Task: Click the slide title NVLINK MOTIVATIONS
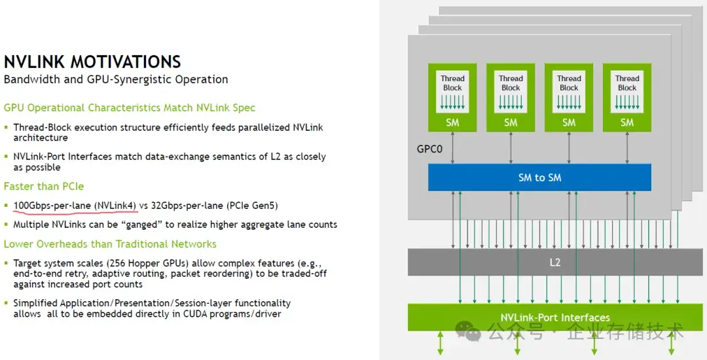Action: pos(92,62)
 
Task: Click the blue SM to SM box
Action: pos(539,177)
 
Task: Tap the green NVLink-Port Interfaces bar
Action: pos(555,317)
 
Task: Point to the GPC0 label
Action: pos(429,149)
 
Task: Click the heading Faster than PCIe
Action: pos(44,187)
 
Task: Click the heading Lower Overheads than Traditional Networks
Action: pos(110,244)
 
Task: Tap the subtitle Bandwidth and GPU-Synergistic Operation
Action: pos(116,79)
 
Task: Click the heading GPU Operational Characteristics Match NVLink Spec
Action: pos(130,108)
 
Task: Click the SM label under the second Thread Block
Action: pos(511,122)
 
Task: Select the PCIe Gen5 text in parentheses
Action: pos(252,206)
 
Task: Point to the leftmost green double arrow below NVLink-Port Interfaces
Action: pos(441,342)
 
